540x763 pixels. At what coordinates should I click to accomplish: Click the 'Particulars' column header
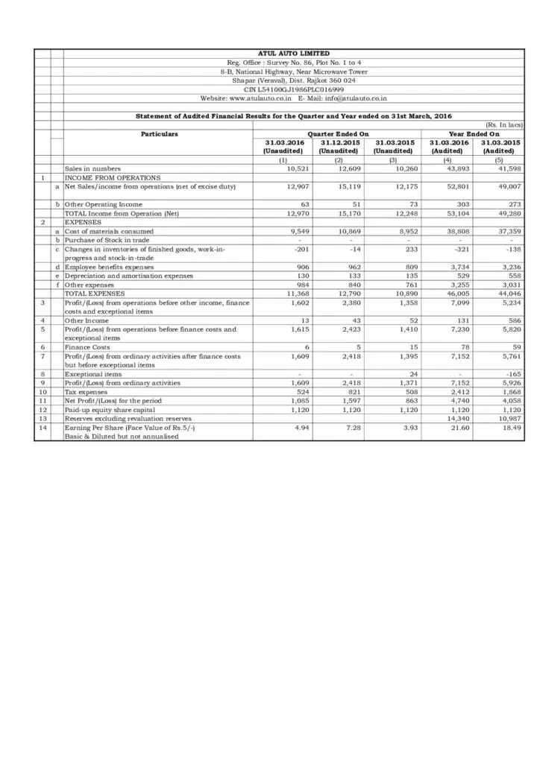click(160, 133)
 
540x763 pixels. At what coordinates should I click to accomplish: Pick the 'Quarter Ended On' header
click(339, 133)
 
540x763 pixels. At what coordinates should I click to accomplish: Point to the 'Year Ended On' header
click(472, 133)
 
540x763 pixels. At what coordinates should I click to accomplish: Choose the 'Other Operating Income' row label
click(104, 203)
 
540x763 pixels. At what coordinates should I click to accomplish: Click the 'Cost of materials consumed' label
click(109, 231)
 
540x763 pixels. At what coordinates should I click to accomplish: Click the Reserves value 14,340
click(456, 418)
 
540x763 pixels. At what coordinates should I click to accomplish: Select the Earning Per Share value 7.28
click(352, 427)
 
